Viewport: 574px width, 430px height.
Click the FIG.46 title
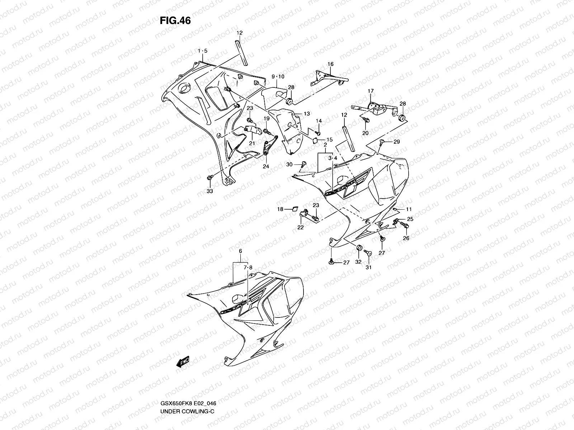click(x=175, y=21)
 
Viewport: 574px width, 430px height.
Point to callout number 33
click(x=210, y=191)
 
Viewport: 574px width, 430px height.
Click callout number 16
click(x=330, y=64)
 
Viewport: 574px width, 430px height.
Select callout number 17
click(x=371, y=91)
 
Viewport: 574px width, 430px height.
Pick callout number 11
click(x=409, y=209)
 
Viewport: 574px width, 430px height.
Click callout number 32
click(x=358, y=262)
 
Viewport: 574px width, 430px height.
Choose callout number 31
click(x=369, y=267)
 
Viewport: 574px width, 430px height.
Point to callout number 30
click(x=290, y=164)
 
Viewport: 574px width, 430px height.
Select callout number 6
click(x=240, y=252)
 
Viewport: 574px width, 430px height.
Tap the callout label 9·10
click(x=278, y=77)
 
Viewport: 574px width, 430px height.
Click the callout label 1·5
click(x=202, y=51)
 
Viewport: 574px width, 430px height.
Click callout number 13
click(x=307, y=114)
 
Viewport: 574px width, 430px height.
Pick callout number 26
click(x=406, y=238)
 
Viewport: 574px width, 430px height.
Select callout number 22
click(x=301, y=227)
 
